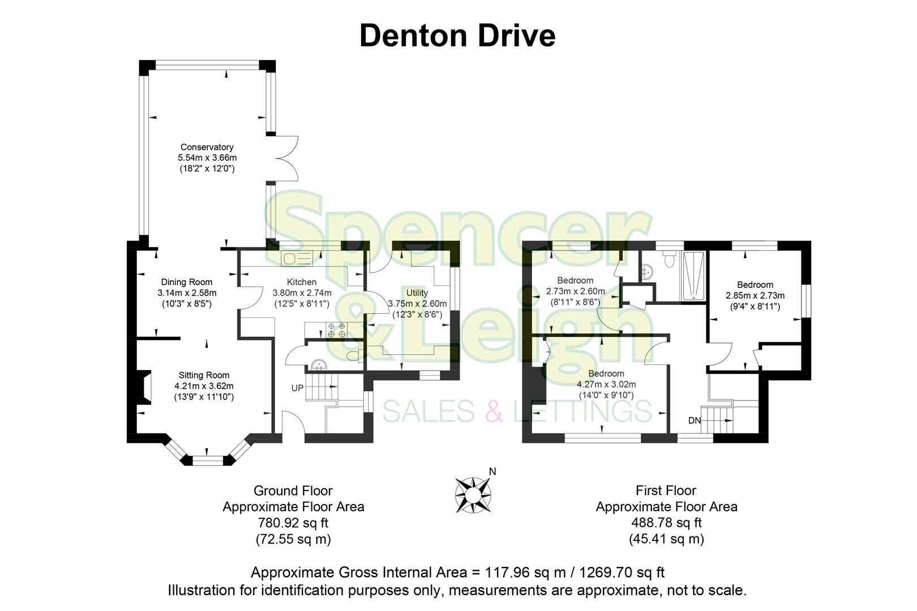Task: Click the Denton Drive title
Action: tap(457, 35)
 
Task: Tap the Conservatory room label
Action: tap(207, 147)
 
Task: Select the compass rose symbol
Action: tap(473, 494)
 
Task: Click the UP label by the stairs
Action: tap(297, 388)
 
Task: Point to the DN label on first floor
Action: tap(695, 420)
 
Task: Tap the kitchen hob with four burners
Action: tap(336, 330)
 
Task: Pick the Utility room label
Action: tap(417, 292)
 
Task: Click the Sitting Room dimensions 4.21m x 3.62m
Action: tap(204, 386)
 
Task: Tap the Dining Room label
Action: tap(187, 282)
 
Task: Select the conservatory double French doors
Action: tap(286, 158)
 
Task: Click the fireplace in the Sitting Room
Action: tap(146, 388)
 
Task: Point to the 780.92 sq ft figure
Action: tap(293, 523)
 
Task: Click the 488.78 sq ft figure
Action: tap(666, 523)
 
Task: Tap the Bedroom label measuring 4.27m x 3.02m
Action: tap(606, 373)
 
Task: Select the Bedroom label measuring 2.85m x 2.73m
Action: tap(755, 285)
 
